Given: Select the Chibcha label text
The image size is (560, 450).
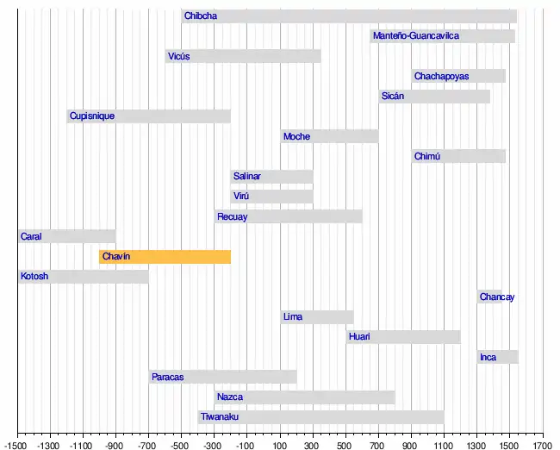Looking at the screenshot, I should tap(201, 16).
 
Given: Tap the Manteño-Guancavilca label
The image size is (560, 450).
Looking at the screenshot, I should tap(415, 36).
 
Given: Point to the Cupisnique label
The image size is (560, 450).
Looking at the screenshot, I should tap(91, 116).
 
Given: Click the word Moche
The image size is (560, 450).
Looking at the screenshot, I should tap(296, 136).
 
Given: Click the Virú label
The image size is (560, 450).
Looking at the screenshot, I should tap(242, 197).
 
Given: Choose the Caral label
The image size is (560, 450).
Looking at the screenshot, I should tap(31, 236).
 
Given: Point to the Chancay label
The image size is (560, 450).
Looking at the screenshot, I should tap(497, 297).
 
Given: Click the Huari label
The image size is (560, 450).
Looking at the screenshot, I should tap(359, 337).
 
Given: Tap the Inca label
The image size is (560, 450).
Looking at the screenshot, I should tap(488, 358).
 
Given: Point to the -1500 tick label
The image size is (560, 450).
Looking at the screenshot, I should tap(17, 445).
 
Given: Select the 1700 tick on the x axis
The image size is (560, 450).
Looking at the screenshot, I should tap(543, 445).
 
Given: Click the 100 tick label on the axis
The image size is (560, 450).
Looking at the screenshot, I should tap(280, 445).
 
